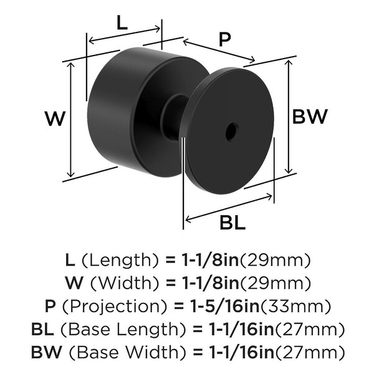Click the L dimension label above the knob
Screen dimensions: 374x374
click(122, 22)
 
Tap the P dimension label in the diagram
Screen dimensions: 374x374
click(224, 40)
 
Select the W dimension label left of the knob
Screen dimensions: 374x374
click(55, 118)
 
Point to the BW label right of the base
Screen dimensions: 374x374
click(310, 117)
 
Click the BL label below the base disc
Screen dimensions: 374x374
click(233, 223)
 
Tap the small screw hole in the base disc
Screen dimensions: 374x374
click(232, 132)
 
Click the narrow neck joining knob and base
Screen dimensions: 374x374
click(174, 117)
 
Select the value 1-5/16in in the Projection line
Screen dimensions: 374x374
click(225, 306)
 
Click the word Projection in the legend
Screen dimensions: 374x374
click(115, 307)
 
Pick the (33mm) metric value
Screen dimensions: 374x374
click(295, 306)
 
